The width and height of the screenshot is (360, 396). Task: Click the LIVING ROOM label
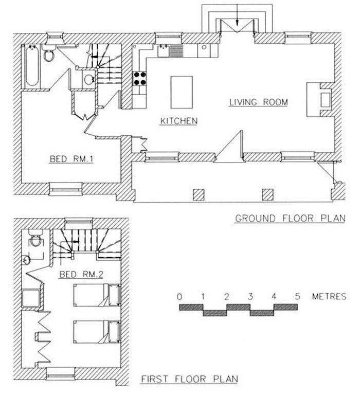click(258, 102)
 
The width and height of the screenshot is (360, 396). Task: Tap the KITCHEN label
click(178, 121)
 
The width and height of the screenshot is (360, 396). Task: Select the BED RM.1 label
click(70, 159)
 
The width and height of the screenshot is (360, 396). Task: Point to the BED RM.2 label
click(82, 274)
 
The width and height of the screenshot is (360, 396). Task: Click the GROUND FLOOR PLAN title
click(290, 218)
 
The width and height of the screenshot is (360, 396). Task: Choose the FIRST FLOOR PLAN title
click(189, 380)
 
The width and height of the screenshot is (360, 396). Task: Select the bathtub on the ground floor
click(30, 66)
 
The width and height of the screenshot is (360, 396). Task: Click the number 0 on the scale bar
click(179, 297)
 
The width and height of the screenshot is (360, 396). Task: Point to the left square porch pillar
click(200, 194)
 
